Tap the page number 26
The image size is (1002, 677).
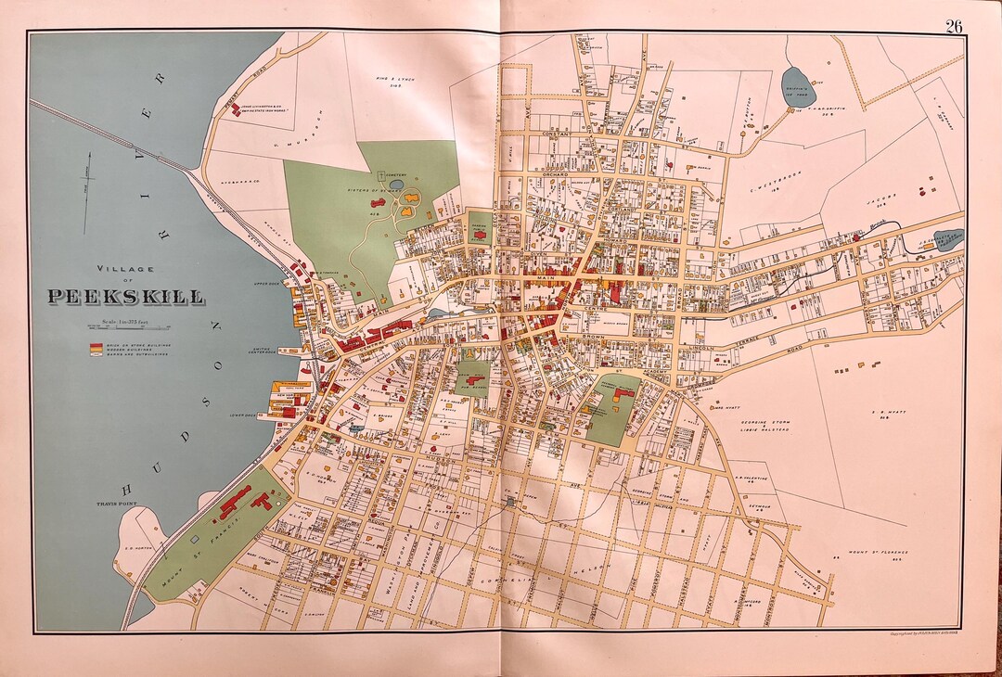coord(954,26)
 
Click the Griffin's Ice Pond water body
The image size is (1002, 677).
coord(797,86)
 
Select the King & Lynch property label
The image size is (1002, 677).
coord(393,82)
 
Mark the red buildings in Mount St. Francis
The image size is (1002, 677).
coord(246,502)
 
